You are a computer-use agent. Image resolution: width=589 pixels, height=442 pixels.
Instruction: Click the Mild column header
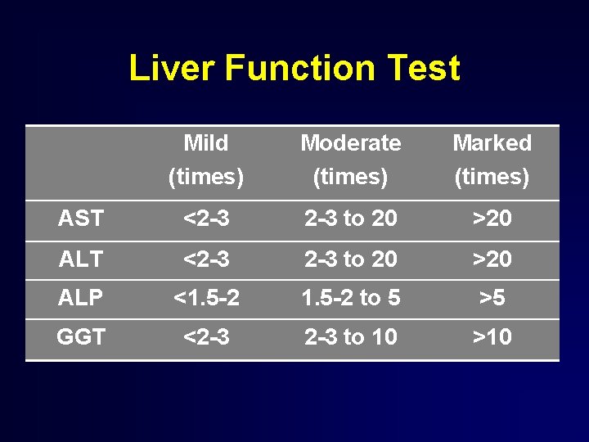click(206, 160)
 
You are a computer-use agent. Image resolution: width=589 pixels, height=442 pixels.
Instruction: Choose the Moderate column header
click(351, 160)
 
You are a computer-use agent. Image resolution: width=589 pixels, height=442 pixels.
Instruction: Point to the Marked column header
click(492, 160)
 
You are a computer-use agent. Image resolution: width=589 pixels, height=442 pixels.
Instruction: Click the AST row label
click(81, 219)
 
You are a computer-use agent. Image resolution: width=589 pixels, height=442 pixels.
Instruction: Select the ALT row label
click(81, 259)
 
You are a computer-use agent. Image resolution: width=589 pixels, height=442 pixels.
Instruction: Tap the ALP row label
click(81, 298)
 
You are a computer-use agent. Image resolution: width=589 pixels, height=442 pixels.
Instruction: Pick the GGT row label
click(81, 336)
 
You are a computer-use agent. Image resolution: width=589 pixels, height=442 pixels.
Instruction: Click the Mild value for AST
click(206, 219)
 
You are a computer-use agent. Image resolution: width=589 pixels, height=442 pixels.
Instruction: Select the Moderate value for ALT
click(351, 259)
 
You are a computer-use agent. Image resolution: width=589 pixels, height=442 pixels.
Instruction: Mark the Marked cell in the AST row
click(492, 219)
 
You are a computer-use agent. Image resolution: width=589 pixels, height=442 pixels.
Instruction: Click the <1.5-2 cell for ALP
click(206, 298)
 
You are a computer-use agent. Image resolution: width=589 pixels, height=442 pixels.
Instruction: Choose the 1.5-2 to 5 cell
click(351, 298)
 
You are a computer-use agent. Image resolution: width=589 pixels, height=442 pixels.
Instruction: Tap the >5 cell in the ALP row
click(492, 298)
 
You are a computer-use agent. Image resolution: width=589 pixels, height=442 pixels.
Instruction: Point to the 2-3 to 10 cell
click(351, 336)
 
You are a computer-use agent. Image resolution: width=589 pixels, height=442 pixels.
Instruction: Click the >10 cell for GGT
click(492, 336)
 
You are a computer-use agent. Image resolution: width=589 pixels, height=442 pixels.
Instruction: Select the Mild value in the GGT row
click(206, 336)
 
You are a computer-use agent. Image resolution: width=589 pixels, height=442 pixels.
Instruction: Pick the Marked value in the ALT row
click(492, 259)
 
